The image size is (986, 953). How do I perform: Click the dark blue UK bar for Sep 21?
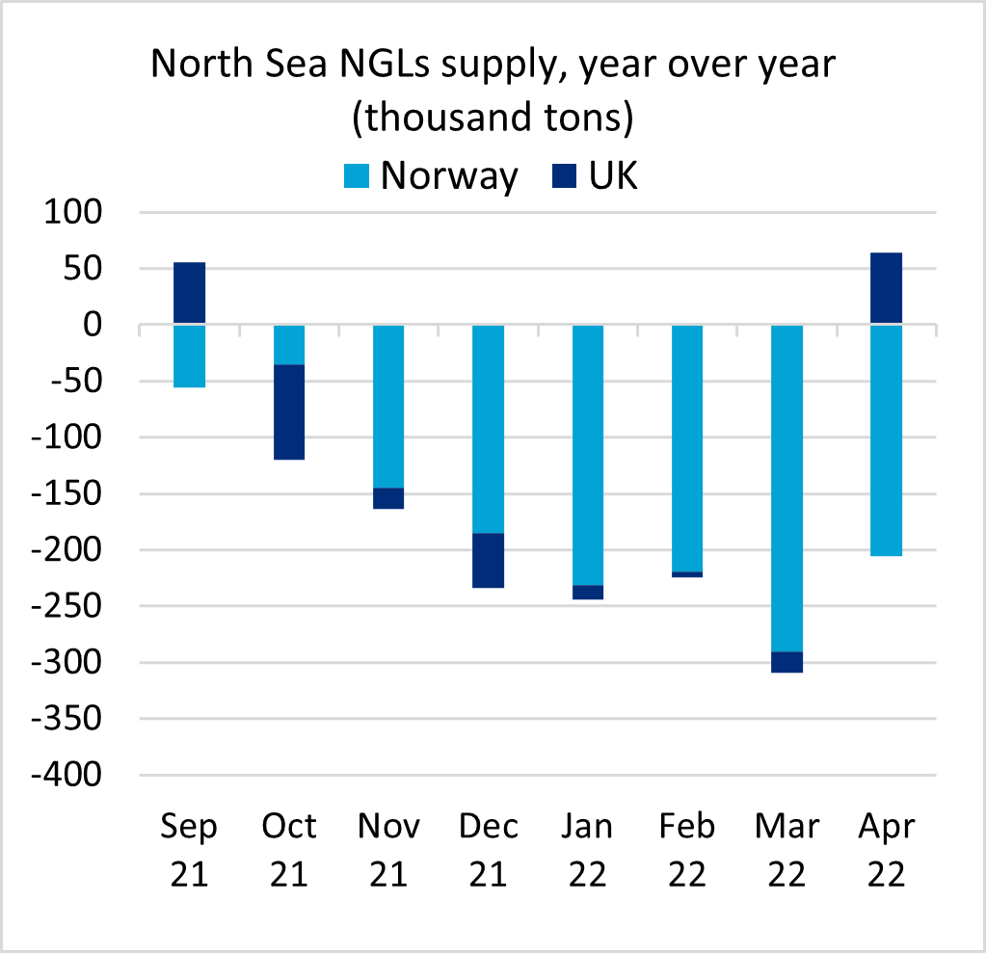pos(190,293)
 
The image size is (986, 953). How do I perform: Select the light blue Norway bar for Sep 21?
pos(190,356)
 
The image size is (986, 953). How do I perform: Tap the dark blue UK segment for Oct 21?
pos(289,411)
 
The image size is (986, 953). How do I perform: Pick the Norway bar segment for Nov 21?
pos(388,406)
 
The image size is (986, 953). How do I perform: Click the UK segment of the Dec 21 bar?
pos(488,560)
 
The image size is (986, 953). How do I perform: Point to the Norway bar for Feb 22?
pos(687,448)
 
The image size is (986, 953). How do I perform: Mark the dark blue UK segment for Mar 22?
pos(786,662)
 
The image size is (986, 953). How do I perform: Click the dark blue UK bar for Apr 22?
pos(886,288)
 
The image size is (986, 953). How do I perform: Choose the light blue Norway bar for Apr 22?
pos(886,440)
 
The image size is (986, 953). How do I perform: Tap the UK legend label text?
pos(614,175)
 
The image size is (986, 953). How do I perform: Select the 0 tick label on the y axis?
pos(92,325)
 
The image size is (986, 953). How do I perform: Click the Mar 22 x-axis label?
pos(786,850)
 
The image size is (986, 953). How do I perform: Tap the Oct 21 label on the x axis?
pos(289,850)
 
